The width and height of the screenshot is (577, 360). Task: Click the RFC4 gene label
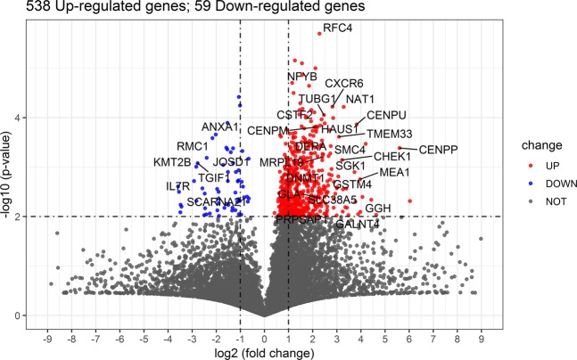pyautogui.click(x=337, y=29)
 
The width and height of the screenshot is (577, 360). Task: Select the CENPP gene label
pyautogui.click(x=438, y=150)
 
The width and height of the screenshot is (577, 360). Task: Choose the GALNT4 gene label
pyautogui.click(x=358, y=225)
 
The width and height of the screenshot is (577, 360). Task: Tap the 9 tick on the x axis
pyautogui.click(x=481, y=338)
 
